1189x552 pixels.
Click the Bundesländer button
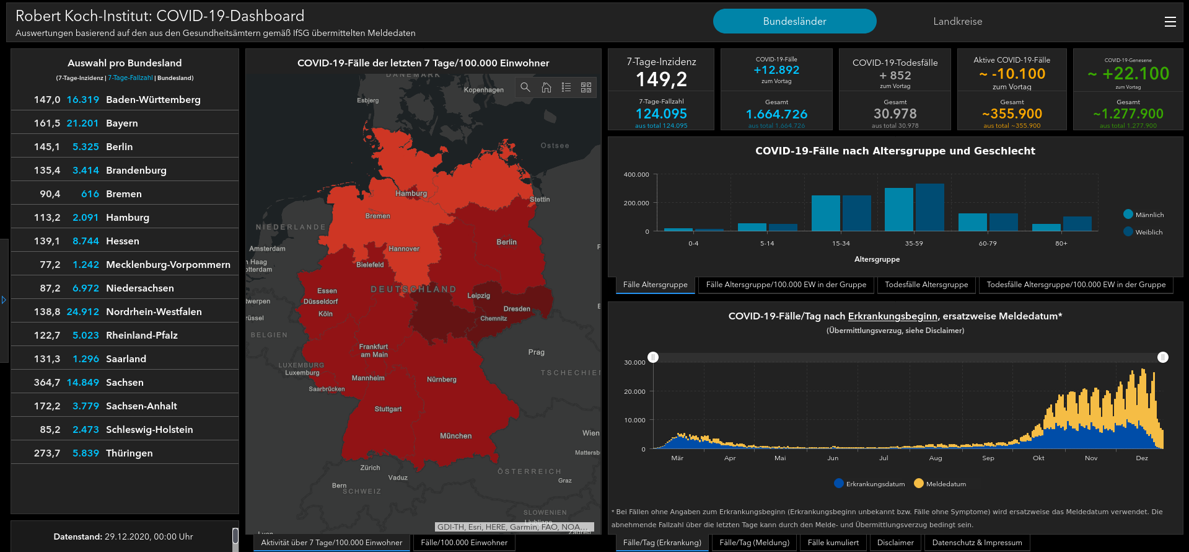pos(794,21)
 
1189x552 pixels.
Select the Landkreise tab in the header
pos(957,21)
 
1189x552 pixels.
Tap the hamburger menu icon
pos(1170,22)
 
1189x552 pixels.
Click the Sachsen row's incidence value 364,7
pos(47,383)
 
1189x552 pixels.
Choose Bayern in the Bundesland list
pos(122,123)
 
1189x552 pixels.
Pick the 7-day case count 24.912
pos(83,312)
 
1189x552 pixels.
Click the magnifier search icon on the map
pos(525,87)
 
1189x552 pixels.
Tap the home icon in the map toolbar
pos(546,87)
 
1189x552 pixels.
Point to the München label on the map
pos(455,436)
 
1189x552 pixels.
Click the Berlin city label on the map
pos(506,243)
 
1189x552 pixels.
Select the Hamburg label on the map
pos(411,194)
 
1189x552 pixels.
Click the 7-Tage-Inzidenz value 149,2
pos(661,79)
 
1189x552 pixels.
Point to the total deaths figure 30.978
pos(895,114)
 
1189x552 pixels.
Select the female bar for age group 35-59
pos(929,207)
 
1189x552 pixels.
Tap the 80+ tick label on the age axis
pos(1061,244)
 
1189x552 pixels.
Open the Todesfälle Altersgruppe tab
pos(926,285)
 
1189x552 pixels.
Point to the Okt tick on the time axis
pos(1038,458)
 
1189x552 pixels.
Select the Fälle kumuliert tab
pos(833,543)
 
